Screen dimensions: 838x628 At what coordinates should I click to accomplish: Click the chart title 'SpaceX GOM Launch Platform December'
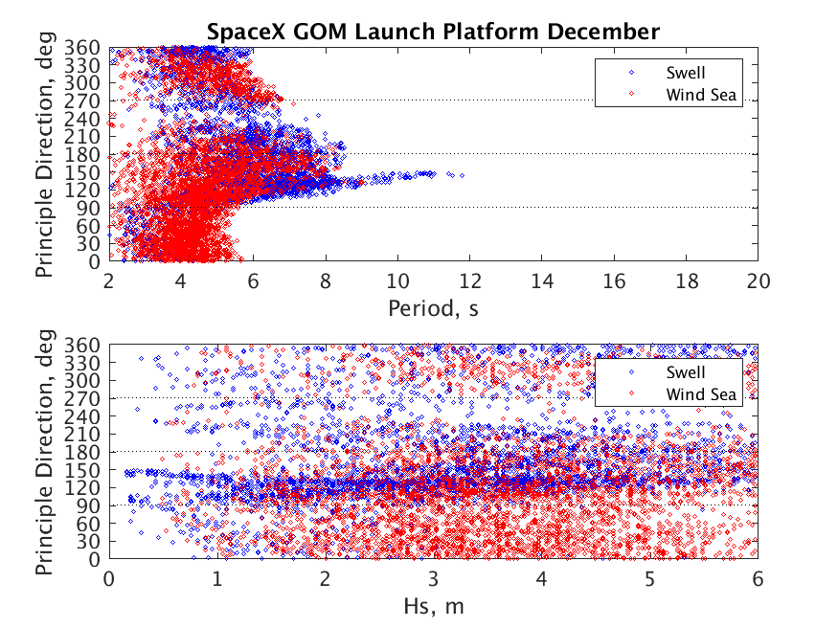[x=433, y=32]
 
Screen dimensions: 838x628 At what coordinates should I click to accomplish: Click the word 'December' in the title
[x=603, y=32]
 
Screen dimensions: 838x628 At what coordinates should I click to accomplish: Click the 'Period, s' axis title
[x=433, y=308]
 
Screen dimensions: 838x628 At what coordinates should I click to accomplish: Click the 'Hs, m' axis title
[x=434, y=606]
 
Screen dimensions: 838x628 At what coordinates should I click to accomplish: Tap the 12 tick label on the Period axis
[x=469, y=280]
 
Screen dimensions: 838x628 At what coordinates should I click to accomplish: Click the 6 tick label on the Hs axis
[x=758, y=579]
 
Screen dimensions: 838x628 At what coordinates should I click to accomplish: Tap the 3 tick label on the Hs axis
[x=434, y=579]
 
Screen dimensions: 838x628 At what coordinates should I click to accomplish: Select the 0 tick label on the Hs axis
[x=109, y=579]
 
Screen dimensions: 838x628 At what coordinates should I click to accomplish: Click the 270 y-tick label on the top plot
[x=82, y=101]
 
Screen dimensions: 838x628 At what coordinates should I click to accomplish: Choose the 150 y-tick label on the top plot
[x=82, y=172]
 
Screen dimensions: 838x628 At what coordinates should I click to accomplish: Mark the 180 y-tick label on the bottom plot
[x=82, y=452]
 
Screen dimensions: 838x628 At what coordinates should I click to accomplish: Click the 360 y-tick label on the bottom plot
[x=82, y=345]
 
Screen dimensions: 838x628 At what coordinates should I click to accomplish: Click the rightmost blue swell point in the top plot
[x=462, y=176]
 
